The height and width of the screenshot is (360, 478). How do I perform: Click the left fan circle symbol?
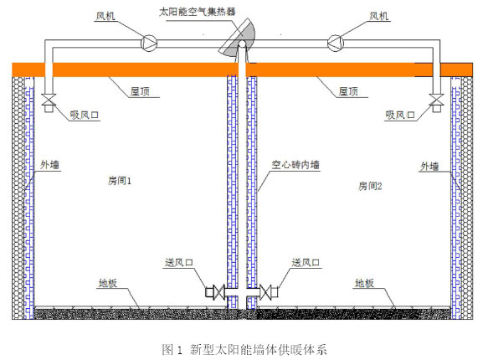pos(149,43)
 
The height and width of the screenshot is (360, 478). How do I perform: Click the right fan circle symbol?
pos(336,43)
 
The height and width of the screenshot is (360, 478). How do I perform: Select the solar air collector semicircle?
pos(239,38)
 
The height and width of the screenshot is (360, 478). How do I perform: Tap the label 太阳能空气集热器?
pos(198,12)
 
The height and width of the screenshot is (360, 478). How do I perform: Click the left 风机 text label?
pos(105,16)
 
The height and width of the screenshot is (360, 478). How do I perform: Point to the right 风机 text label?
pos(378,16)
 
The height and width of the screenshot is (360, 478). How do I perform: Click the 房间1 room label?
pos(120,181)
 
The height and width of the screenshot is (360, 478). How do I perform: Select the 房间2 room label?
pos(370,186)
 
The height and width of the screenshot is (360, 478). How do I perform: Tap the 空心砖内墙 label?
pos(296,165)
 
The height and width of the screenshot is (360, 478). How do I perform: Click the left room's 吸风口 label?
pos(85,115)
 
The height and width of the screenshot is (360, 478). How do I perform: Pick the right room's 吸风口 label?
pos(400,115)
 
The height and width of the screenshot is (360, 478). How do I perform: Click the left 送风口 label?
pos(179,262)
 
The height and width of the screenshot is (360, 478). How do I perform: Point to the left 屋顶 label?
pos(140,91)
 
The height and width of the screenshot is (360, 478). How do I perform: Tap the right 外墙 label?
pos(429,167)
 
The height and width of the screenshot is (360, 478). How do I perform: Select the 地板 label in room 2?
pos(364,283)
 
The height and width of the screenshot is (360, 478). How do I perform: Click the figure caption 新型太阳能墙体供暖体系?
pos(258,349)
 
